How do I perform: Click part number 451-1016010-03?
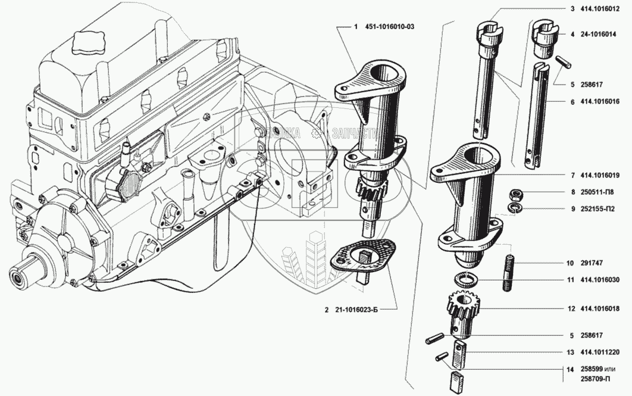coord(389,27)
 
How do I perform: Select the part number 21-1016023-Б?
coord(356,310)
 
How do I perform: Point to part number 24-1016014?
coord(598,35)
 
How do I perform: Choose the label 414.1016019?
coord(600,176)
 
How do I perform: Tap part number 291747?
coord(592,263)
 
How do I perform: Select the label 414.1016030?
coord(600,280)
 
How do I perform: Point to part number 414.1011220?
coord(600,352)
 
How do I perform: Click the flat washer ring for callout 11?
coord(465,277)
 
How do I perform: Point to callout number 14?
coord(570,369)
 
